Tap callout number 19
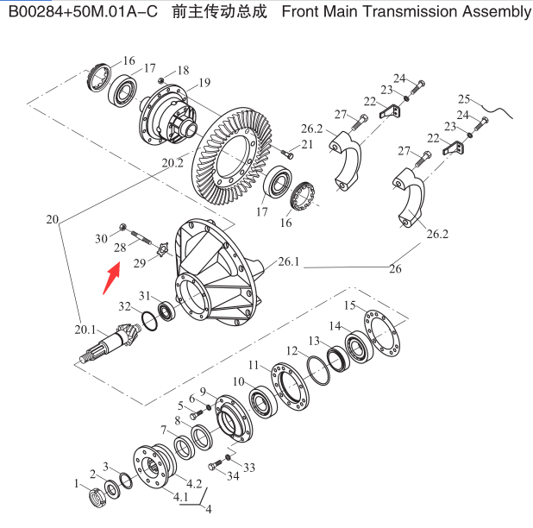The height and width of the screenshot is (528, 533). pyautogui.click(x=204, y=83)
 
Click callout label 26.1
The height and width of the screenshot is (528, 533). pyautogui.click(x=289, y=262)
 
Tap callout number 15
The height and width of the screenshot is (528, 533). pyautogui.click(x=349, y=305)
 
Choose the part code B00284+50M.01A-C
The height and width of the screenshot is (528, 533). pyautogui.click(x=78, y=12)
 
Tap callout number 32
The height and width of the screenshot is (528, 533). pyautogui.click(x=124, y=306)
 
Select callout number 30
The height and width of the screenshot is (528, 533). pyautogui.click(x=100, y=238)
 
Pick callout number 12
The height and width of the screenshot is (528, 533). pyautogui.click(x=292, y=351)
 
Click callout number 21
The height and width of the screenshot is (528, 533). pyautogui.click(x=307, y=144)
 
